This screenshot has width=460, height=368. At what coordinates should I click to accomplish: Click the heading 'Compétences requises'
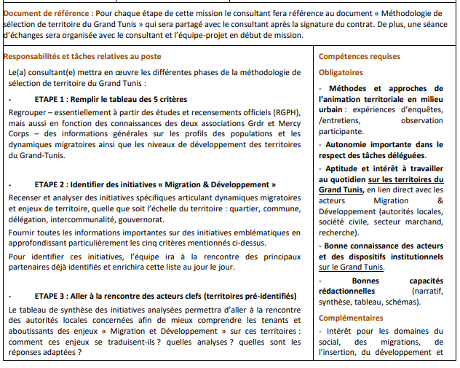click(x=360, y=56)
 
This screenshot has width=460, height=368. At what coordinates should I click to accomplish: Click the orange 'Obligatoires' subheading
click(x=341, y=72)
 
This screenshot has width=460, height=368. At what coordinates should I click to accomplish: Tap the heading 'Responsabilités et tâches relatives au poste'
click(x=83, y=56)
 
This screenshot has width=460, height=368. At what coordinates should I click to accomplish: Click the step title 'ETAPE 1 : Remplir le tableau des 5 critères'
click(x=111, y=99)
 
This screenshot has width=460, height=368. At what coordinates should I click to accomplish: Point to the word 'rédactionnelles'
click(x=349, y=291)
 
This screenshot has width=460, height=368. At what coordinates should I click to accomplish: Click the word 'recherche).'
click(x=340, y=231)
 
